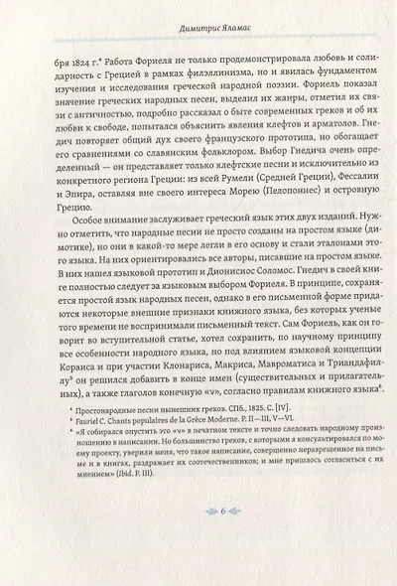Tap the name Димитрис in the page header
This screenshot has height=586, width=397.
click(x=177, y=31)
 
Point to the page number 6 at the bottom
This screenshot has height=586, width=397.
click(x=198, y=539)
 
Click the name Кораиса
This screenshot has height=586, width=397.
click(x=85, y=403)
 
